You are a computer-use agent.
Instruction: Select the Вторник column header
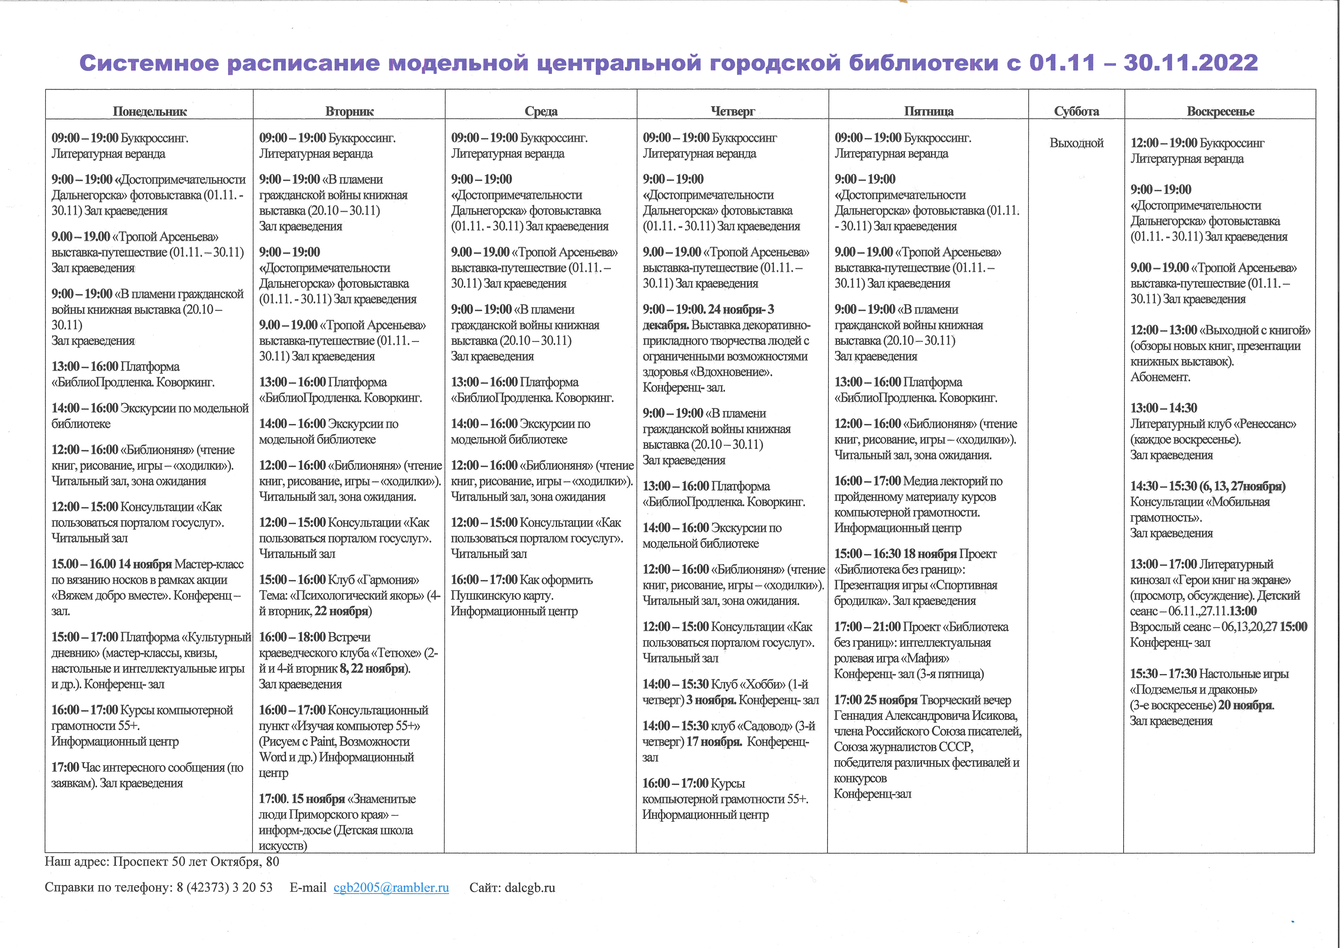(x=349, y=111)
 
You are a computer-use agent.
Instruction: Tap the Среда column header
(x=541, y=111)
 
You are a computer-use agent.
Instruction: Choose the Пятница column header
(x=928, y=111)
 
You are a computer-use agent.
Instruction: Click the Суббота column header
(x=1076, y=111)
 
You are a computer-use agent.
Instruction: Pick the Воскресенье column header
(x=1220, y=111)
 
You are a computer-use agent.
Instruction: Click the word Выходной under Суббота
(x=1076, y=143)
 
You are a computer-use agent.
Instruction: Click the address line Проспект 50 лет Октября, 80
(x=196, y=862)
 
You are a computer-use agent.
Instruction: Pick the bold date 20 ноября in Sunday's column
(x=1245, y=705)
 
